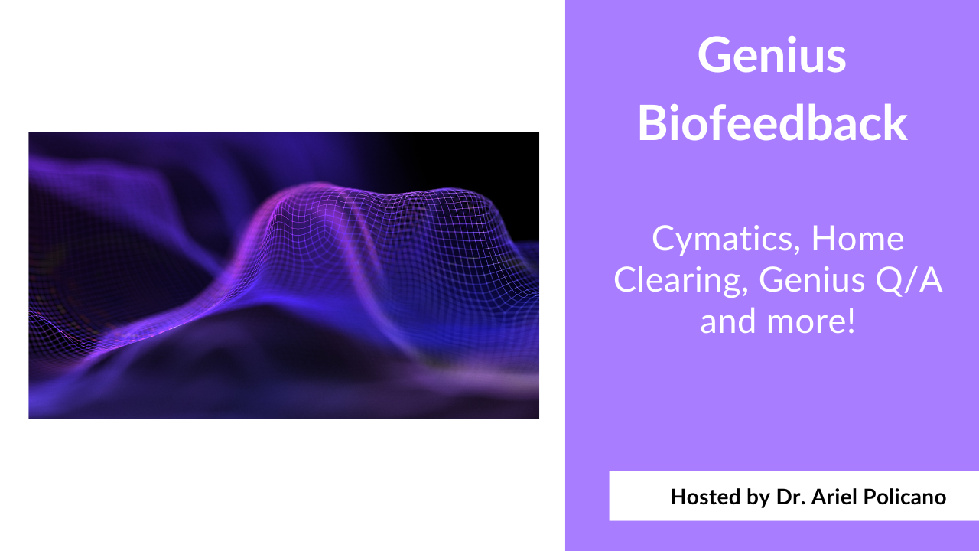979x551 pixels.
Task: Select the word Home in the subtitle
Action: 857,239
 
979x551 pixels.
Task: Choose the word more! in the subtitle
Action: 811,321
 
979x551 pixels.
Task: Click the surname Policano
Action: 910,497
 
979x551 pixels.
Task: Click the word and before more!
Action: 727,321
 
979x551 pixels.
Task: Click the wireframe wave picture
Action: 283,275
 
